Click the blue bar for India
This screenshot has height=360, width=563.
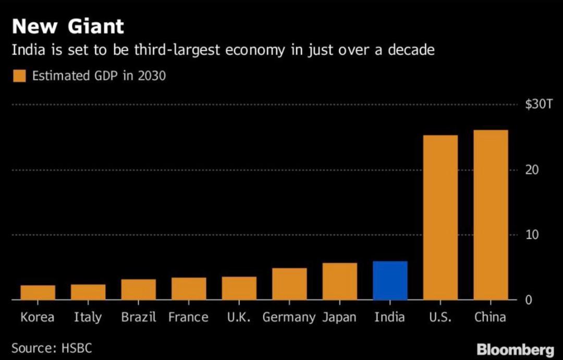(x=390, y=281)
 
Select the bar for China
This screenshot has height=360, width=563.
(x=491, y=215)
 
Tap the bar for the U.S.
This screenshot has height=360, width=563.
(x=440, y=218)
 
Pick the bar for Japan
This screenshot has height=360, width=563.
(x=339, y=281)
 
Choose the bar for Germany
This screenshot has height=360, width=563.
(x=289, y=284)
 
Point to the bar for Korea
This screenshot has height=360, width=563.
(x=38, y=292)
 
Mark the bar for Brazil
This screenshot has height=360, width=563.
(x=138, y=290)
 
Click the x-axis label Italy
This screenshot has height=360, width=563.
(x=88, y=317)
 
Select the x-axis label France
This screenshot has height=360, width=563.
(x=188, y=317)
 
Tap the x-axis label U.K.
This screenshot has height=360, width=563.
(x=239, y=317)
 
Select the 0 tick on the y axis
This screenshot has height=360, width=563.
(x=528, y=300)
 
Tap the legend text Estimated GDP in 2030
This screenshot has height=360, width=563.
(x=99, y=76)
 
